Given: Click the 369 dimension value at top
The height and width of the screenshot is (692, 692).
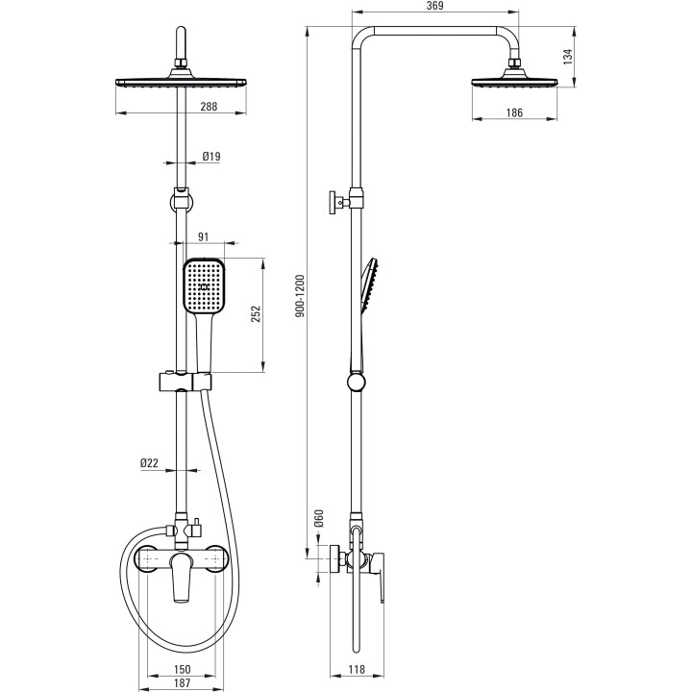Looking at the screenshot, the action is pos(435,6).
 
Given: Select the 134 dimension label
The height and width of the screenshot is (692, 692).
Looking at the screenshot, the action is pos(568,57).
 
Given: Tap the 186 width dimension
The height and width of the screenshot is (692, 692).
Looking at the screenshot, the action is pos(514,112).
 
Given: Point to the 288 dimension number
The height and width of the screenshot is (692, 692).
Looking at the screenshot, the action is pos(209,107).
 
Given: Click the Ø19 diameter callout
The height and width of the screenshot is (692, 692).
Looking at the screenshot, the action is pos(211,157).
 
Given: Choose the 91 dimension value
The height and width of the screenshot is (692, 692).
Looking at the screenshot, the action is pos(203,237).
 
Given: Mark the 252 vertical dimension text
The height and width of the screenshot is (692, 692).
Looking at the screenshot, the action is pos(256,313).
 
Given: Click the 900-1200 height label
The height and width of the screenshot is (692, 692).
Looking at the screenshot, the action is pos(300,296).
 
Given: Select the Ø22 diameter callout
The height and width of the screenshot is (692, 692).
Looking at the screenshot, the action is pos(149,463).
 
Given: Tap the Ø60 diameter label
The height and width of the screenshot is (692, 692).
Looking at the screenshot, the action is pos(319,518).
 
